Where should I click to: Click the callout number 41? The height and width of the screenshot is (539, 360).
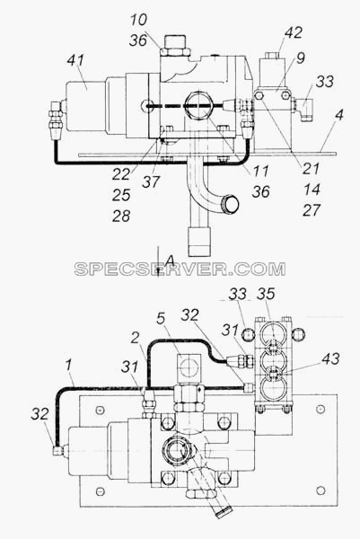tap(75, 60)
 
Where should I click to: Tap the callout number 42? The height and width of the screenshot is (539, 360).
tap(293, 32)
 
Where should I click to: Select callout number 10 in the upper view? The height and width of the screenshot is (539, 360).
tap(138, 20)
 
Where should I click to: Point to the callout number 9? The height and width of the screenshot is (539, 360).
tap(301, 57)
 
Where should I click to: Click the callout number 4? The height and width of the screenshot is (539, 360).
tap(339, 115)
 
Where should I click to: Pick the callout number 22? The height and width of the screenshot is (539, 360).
tap(121, 174)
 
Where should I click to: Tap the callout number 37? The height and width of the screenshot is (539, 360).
tap(151, 181)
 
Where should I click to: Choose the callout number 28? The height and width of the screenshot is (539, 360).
tap(121, 216)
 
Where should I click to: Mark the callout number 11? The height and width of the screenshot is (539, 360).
tap(260, 171)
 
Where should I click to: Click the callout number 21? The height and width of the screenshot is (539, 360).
tap(311, 169)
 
